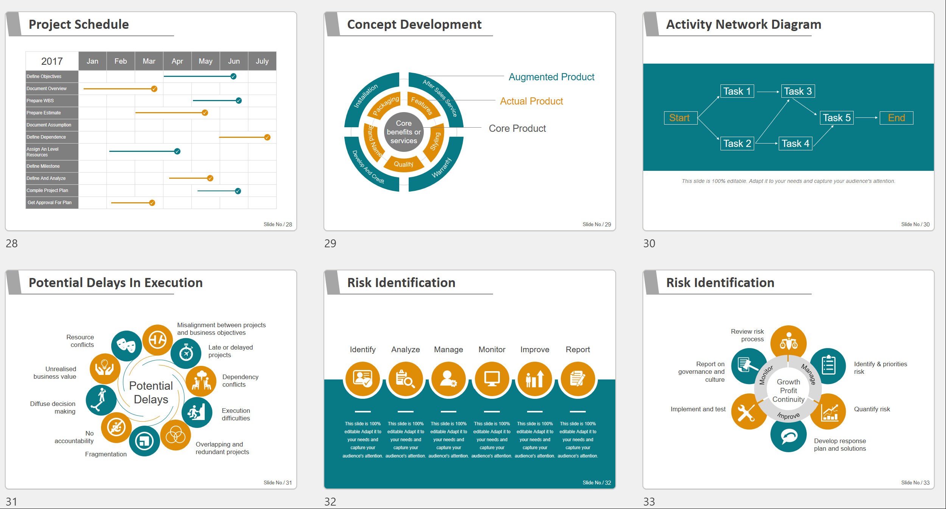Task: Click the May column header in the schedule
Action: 205,61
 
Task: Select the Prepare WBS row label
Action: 40,101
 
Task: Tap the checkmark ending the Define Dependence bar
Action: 267,137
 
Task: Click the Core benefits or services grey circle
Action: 404,132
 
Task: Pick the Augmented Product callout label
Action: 551,77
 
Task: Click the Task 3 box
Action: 798,91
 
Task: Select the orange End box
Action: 896,118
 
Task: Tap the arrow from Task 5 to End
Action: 867,118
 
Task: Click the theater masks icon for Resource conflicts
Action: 126,345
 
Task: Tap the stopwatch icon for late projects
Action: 186,353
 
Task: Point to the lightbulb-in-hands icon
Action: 105,368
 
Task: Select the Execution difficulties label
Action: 236,414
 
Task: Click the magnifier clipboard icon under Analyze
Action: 406,379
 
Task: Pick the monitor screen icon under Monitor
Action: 492,379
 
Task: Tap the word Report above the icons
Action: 577,350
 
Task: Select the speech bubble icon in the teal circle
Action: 789,436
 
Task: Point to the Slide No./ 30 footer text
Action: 915,225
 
